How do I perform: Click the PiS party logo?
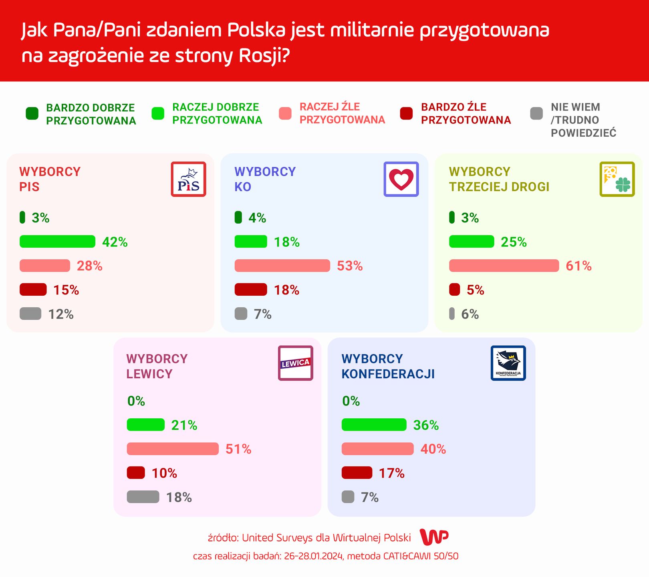(188, 179)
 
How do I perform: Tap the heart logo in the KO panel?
(401, 179)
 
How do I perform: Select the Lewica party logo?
(295, 363)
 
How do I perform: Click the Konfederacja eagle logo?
(508, 363)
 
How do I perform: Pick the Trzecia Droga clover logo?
(617, 179)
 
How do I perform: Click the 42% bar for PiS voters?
(57, 242)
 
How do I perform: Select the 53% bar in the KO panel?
(282, 266)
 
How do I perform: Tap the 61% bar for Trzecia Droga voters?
(504, 266)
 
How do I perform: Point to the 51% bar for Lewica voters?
(173, 449)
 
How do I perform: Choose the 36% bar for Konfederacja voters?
(374, 425)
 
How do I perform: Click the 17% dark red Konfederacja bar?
(357, 473)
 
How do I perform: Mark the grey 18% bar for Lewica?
(143, 497)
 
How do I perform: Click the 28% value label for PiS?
(90, 266)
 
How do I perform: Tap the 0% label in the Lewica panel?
(136, 401)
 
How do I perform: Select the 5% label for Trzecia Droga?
(476, 290)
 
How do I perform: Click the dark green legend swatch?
(32, 113)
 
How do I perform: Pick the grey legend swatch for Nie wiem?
(536, 113)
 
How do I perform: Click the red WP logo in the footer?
(434, 537)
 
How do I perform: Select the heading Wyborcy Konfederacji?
(388, 366)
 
